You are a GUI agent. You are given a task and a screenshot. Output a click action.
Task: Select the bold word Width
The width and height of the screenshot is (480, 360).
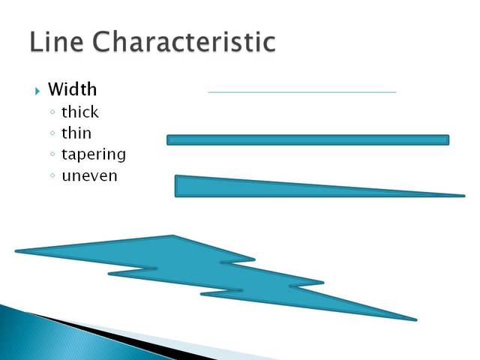pos(72,89)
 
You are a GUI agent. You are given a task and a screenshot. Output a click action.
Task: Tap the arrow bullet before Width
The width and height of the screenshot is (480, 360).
pos(37,91)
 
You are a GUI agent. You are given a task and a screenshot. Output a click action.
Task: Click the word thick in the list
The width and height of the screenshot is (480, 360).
pos(79,112)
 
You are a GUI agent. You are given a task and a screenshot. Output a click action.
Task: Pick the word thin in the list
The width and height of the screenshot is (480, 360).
pos(76,133)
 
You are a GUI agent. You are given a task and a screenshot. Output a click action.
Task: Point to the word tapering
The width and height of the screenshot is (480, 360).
pos(94,155)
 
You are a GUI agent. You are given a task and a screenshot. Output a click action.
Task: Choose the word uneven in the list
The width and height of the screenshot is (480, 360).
pos(90,176)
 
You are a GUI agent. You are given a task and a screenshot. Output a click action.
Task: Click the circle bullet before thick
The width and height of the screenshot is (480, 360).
pos(51,113)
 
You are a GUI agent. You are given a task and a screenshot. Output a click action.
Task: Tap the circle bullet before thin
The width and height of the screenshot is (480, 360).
pos(51,134)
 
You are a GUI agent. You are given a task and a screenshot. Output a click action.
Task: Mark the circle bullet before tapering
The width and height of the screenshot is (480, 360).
pos(51,155)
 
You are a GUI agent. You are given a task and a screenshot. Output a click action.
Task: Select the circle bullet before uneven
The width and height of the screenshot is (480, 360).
pos(51,177)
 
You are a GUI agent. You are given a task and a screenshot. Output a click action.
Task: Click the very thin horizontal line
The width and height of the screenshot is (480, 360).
pos(301,92)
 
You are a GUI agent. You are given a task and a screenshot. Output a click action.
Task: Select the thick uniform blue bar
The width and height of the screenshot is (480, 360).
pos(307,139)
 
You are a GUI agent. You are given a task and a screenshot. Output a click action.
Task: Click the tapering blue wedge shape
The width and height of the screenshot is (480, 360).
pos(247,187)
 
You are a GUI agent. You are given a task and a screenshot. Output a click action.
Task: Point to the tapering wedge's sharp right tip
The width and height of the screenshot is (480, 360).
pos(462,196)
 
